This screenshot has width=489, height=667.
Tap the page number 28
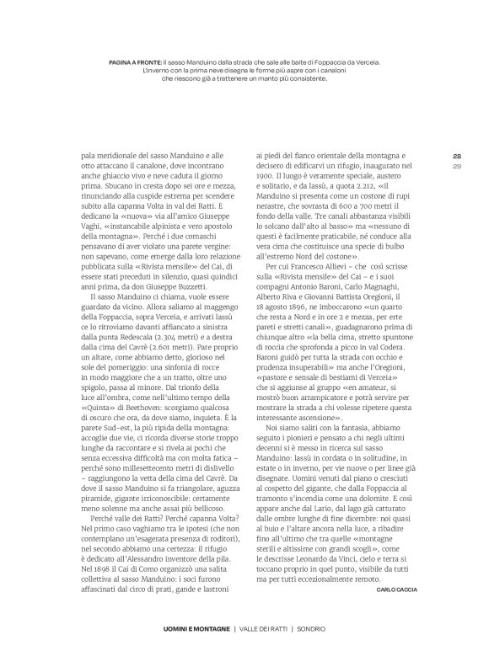(457, 156)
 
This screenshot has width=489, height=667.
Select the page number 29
(457, 166)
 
